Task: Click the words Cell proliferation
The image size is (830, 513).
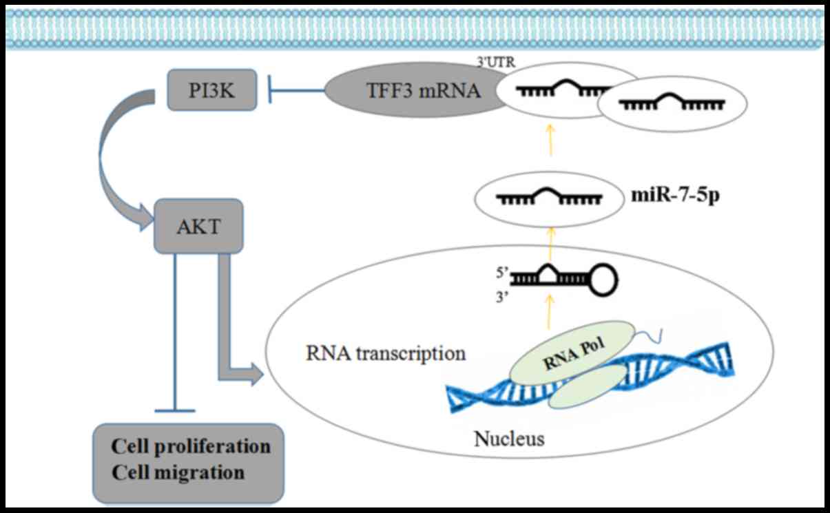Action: coord(191,446)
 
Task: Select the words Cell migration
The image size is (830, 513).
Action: coord(178,473)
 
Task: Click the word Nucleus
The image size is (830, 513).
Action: coord(510,438)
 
